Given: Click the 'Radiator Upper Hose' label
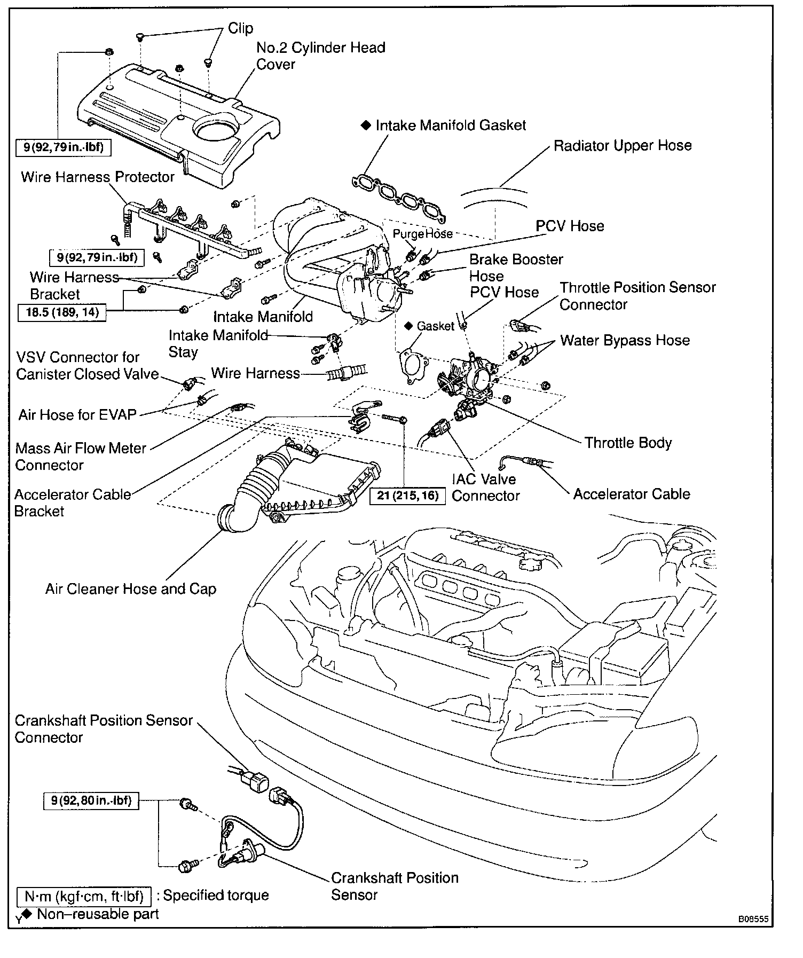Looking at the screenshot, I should [x=622, y=146].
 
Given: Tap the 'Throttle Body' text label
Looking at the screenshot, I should [x=628, y=443].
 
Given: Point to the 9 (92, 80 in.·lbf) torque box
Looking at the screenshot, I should [x=91, y=801].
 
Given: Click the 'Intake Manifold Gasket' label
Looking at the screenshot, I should [x=450, y=125].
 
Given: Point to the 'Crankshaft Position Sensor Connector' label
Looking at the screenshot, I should [x=103, y=729].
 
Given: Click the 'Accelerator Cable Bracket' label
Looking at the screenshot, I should [x=72, y=502].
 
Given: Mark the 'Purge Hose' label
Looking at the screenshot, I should [x=422, y=234].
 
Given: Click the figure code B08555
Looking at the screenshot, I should [x=753, y=919].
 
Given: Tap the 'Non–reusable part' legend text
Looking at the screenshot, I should [x=98, y=914].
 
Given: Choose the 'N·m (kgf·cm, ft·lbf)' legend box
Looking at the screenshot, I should [x=84, y=896].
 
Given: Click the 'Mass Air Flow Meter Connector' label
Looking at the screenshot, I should [x=80, y=457].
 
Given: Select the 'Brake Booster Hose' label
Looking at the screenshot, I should [x=516, y=268].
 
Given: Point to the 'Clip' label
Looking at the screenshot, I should [x=240, y=28].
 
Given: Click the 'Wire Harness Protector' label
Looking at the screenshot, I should [x=98, y=177].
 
